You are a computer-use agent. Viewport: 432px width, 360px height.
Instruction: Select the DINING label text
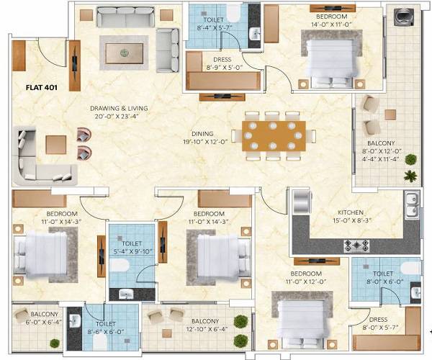coord(202,133)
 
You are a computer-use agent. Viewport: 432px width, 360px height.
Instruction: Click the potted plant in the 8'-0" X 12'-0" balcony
coord(410,175)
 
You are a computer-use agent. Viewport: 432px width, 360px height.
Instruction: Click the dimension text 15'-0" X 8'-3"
coord(354,221)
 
